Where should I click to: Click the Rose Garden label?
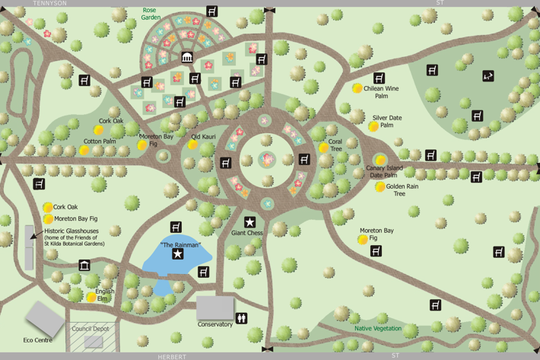(149, 14)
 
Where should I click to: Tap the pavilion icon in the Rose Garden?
(187, 57)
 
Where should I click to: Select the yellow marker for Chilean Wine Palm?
(357, 89)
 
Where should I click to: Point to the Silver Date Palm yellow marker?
(373, 126)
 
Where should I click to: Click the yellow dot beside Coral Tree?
(323, 148)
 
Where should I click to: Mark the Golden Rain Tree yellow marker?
(380, 187)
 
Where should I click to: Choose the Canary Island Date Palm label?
(383, 172)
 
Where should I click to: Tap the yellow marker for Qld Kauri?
(193, 145)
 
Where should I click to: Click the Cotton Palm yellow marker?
(84, 151)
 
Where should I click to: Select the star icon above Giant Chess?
(249, 222)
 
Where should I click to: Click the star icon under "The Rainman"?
(178, 254)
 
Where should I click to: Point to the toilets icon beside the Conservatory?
(242, 318)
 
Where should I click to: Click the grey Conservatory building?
(215, 307)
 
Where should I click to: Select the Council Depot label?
(90, 329)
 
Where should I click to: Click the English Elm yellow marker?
(91, 298)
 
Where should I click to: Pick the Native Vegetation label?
(378, 328)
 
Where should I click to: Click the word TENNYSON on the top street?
(50, 3)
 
